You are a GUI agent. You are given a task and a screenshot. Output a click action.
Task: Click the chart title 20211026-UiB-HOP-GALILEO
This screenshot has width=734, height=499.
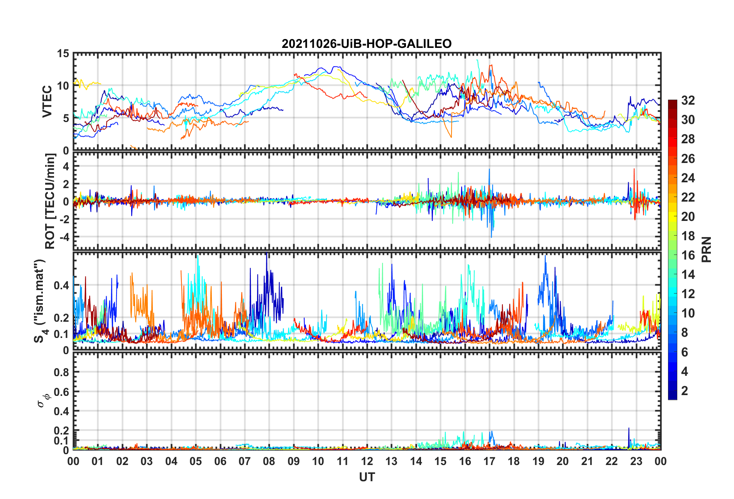367,44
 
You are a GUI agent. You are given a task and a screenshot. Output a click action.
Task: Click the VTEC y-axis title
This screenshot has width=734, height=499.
47,102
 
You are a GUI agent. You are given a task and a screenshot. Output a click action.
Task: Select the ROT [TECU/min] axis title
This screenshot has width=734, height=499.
50,201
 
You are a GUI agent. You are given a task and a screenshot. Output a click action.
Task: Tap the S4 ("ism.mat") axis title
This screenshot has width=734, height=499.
40,301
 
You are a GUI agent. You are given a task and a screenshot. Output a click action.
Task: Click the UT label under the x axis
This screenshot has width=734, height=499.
367,477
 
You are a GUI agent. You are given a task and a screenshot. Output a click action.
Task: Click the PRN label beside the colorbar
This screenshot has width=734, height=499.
706,249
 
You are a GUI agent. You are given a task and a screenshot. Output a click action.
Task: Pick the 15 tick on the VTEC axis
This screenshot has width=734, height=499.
63,54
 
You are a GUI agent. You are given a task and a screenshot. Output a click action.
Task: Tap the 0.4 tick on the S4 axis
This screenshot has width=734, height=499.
61,286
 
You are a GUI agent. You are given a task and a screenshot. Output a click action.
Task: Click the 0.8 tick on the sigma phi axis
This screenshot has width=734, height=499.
61,372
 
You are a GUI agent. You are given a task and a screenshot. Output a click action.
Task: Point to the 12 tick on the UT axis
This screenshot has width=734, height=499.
367,461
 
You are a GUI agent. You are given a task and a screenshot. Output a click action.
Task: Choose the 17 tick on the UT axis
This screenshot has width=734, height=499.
489,461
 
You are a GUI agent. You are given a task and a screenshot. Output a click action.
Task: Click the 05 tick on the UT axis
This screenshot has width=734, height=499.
196,461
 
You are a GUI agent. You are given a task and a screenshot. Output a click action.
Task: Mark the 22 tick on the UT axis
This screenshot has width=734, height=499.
612,461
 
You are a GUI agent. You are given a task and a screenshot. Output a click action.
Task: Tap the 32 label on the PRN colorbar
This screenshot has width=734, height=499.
688,100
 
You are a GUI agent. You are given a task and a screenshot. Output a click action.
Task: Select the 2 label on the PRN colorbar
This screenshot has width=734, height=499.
685,391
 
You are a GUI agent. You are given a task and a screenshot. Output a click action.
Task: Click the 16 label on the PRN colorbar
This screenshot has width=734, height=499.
688,255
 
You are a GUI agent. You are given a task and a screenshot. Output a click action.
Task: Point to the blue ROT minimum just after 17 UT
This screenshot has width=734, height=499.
491,236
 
